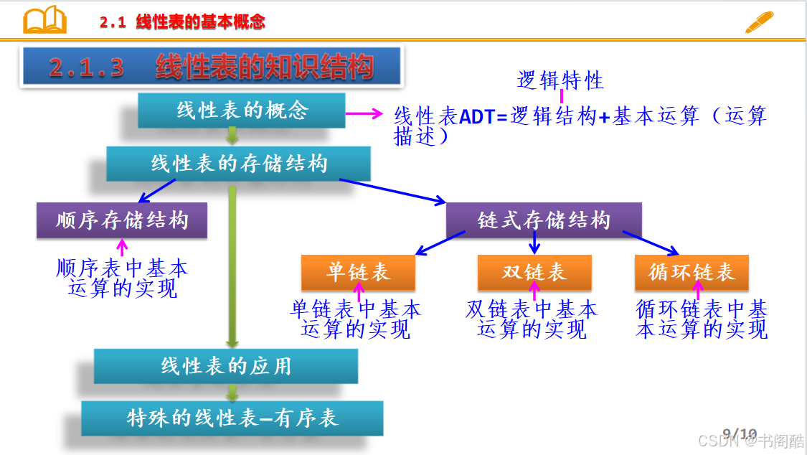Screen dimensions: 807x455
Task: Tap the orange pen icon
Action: [x=759, y=22]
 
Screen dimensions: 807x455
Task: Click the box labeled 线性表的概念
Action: [x=241, y=110]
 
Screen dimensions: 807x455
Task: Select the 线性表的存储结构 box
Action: [x=238, y=164]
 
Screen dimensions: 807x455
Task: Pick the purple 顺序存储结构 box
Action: [x=122, y=220]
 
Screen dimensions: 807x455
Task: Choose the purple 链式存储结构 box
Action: [x=544, y=220]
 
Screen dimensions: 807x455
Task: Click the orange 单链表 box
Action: [x=358, y=272]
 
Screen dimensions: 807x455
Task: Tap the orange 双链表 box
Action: [x=534, y=272]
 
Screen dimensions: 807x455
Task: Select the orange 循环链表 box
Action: [x=692, y=272]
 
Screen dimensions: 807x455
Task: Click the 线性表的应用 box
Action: [x=226, y=366]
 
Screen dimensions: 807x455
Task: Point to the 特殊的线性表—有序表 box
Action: [x=232, y=418]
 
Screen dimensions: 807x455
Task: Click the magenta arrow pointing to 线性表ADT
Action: [x=364, y=113]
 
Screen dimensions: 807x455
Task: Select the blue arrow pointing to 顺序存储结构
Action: [x=157, y=190]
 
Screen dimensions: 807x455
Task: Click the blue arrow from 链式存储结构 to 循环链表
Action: [x=651, y=243]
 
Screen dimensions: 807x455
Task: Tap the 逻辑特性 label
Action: [x=560, y=80]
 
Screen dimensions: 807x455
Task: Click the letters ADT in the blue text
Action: [x=476, y=117]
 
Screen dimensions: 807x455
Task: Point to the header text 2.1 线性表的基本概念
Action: [x=182, y=22]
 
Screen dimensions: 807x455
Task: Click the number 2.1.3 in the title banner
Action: [x=87, y=67]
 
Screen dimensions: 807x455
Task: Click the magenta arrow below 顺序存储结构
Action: [x=122, y=247]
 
